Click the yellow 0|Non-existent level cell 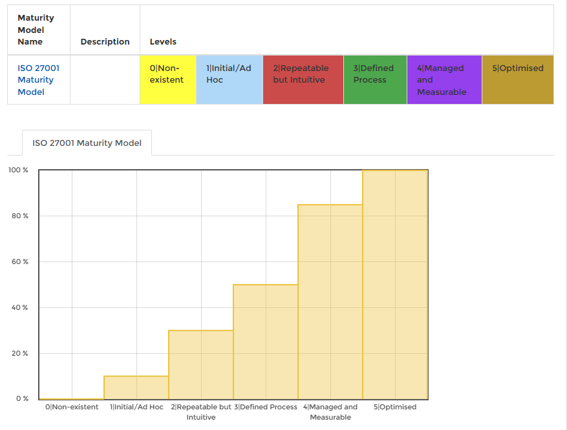click(x=168, y=79)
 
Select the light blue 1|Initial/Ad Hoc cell click(x=229, y=79)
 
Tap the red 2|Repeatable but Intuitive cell click(x=303, y=79)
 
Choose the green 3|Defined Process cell click(x=374, y=79)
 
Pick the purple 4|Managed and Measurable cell click(x=444, y=79)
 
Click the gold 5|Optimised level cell click(x=517, y=79)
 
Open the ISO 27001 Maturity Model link click(x=36, y=80)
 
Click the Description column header click(x=105, y=42)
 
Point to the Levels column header click(x=163, y=42)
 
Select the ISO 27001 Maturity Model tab click(x=87, y=143)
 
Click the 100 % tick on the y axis click(x=18, y=170)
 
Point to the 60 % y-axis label click(x=20, y=261)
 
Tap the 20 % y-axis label click(x=20, y=353)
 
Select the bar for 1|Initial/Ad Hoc click(x=136, y=387)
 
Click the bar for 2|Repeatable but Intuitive click(x=200, y=365)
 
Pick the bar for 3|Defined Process click(x=265, y=342)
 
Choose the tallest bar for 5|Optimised click(x=395, y=285)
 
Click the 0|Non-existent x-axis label click(x=72, y=407)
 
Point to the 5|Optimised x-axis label click(x=395, y=407)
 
